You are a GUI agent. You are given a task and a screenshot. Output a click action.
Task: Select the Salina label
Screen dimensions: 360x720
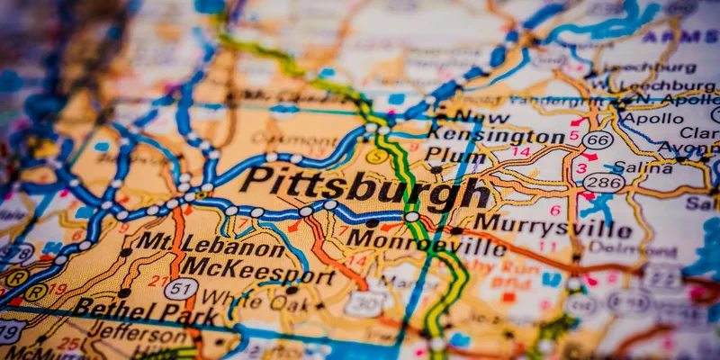pos(644,168)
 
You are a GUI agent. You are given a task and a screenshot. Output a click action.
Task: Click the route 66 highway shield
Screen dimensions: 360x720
pos(598,139)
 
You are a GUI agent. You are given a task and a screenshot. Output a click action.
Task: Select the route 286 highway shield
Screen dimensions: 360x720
pos(603,183)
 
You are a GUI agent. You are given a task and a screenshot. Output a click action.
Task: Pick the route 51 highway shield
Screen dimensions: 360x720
pos(181,288)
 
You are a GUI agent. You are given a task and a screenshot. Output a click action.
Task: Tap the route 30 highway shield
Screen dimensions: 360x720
pos(364,303)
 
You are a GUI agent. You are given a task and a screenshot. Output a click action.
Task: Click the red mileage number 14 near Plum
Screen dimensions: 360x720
pos(520,152)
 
